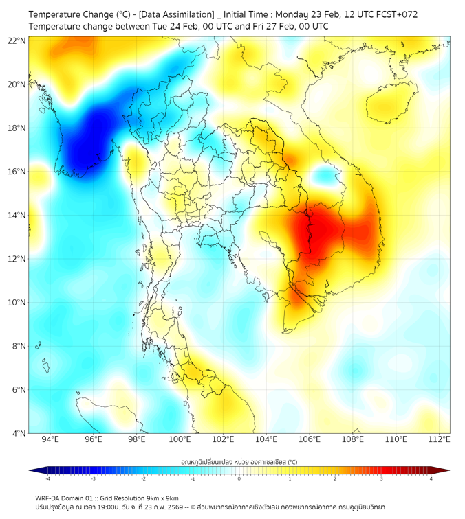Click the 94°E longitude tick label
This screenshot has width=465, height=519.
pyautogui.click(x=50, y=439)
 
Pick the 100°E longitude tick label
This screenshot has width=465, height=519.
pyautogui.click(x=180, y=439)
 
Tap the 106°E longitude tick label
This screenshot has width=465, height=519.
pyautogui.click(x=309, y=439)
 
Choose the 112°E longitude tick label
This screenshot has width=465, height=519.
pyautogui.click(x=439, y=439)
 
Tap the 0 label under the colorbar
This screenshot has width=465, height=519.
pyautogui.click(x=239, y=478)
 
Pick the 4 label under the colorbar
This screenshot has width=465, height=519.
pyautogui.click(x=431, y=478)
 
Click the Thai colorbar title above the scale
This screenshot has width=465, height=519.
pyautogui.click(x=239, y=461)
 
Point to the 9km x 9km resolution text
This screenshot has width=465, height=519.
pyautogui.click(x=162, y=498)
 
